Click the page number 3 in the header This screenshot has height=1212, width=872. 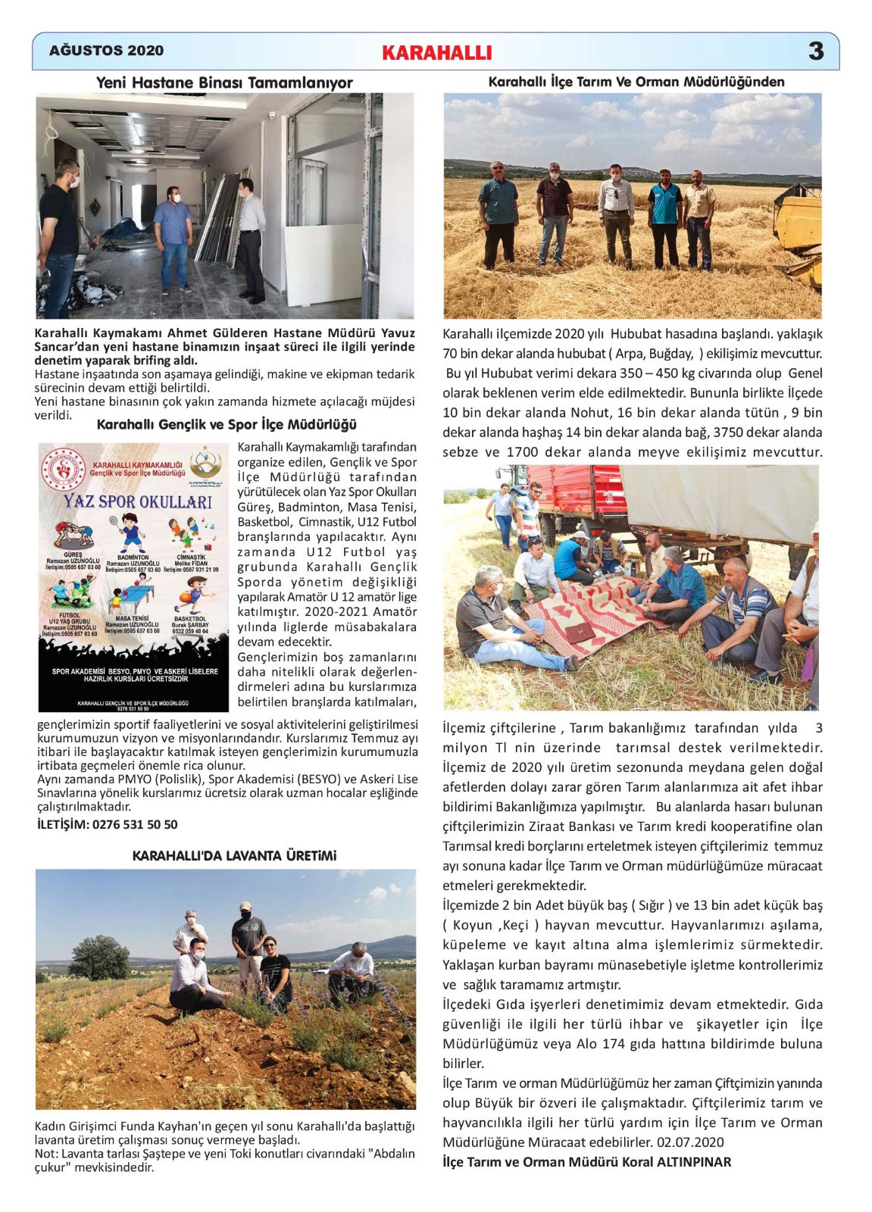coord(815,51)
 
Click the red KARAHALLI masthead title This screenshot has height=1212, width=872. coord(437,52)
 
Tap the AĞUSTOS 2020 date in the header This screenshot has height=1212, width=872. coord(106,51)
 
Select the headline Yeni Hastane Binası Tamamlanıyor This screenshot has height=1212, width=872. coord(224,82)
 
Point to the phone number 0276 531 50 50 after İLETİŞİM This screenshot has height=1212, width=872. coord(134,824)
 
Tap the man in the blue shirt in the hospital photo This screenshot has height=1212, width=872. coord(173,241)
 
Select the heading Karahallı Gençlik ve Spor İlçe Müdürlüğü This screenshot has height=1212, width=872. coord(227,425)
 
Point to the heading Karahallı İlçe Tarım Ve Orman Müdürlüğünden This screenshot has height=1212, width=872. coord(636,81)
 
